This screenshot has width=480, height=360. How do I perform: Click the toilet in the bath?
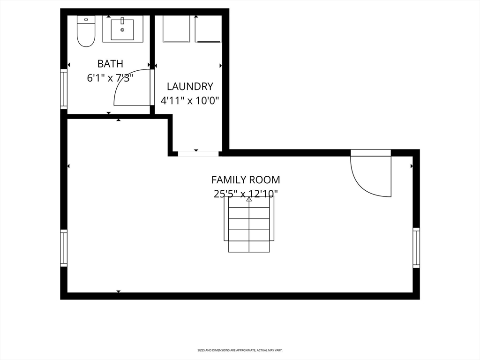click(x=86, y=31)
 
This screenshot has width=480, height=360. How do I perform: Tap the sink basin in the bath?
click(x=122, y=30)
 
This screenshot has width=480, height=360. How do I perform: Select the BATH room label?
click(x=110, y=64)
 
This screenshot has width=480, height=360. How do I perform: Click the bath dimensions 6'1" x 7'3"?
click(x=111, y=78)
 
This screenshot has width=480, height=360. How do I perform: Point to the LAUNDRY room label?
click(x=190, y=86)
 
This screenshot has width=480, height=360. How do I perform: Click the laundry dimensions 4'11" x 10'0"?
click(x=190, y=100)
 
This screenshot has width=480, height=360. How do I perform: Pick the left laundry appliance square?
click(x=176, y=29)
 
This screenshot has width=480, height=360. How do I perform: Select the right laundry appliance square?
click(x=208, y=29)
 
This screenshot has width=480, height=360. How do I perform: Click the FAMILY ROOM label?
click(x=246, y=180)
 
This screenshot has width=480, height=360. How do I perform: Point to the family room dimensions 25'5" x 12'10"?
click(x=246, y=194)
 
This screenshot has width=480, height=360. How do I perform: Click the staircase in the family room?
click(x=249, y=224)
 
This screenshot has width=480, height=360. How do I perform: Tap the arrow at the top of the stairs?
click(x=249, y=199)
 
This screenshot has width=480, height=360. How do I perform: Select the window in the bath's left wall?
click(x=64, y=89)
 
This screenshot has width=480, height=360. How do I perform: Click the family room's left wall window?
click(x=64, y=248)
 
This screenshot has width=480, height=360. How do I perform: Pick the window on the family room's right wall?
click(x=416, y=247)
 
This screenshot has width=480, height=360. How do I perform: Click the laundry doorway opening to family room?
click(x=198, y=153)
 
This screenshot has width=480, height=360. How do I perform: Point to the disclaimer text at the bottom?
click(x=240, y=350)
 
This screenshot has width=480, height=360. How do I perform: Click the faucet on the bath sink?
click(x=122, y=21)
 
